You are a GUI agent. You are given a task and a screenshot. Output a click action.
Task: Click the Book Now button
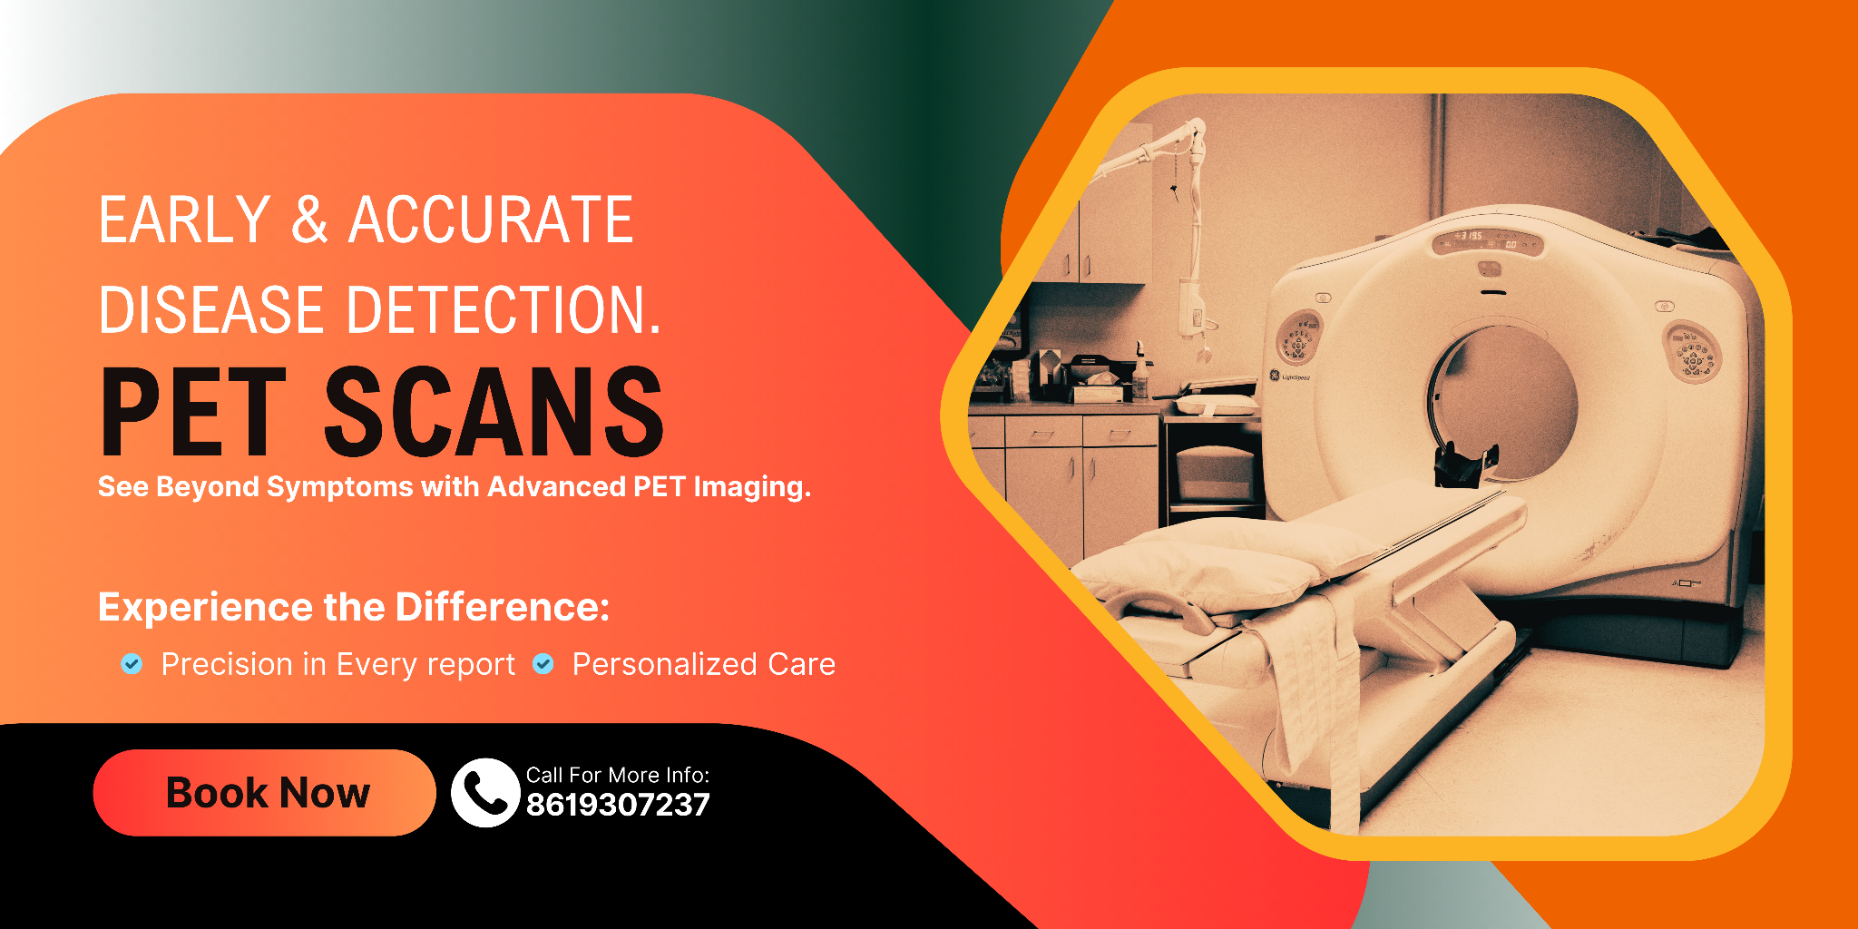(264, 792)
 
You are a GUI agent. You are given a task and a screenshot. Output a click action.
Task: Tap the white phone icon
(485, 792)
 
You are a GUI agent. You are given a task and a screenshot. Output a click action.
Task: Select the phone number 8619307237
(618, 805)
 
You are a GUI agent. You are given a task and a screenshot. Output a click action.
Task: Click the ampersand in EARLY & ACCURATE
(309, 220)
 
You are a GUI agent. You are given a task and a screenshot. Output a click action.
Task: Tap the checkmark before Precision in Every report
(132, 664)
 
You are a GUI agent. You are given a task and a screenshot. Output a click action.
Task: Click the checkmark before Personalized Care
(543, 664)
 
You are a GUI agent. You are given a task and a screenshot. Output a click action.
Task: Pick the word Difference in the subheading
(502, 607)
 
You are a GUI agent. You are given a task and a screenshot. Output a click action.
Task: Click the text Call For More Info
(618, 775)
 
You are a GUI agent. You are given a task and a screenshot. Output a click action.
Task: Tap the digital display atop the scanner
(1487, 240)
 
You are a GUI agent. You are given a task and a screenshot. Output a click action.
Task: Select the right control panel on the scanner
(1690, 352)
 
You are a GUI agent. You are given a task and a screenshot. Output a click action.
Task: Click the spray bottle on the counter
(1140, 373)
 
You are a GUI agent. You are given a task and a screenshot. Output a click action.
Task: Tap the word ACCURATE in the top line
(491, 220)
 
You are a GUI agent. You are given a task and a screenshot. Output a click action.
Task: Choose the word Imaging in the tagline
(752, 487)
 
